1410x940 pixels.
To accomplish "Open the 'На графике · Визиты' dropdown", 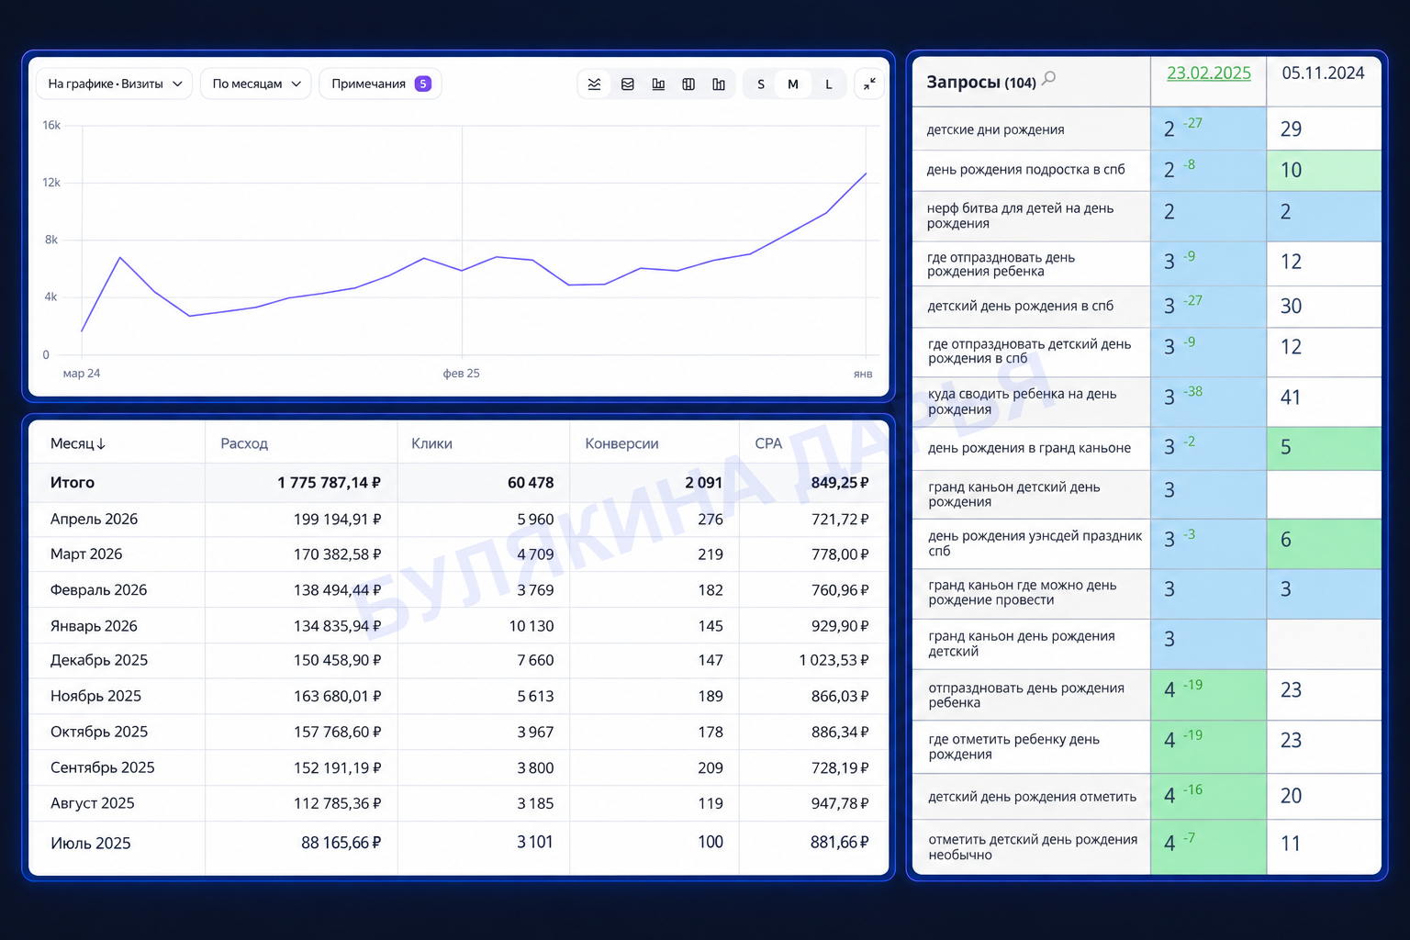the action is [114, 84].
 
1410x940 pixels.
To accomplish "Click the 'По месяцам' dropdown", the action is [255, 84].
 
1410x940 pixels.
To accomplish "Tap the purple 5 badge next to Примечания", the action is [423, 84].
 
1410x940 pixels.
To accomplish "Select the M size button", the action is [792, 84].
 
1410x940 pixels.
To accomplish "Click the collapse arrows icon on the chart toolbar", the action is [869, 84].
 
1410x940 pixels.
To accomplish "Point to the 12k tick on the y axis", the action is [51, 183].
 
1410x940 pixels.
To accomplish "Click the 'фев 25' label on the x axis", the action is [462, 374].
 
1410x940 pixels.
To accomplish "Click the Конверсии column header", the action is [621, 443].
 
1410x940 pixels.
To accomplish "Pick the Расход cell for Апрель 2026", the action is [337, 520].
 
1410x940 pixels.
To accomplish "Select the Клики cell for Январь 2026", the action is [532, 626].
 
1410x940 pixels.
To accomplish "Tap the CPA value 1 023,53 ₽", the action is [834, 660].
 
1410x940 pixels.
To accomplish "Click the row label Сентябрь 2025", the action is [102, 767].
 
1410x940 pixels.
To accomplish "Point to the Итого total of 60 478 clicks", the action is [531, 483].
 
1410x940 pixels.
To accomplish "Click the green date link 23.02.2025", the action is [1209, 73].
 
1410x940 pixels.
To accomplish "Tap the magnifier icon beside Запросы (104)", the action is [1048, 79].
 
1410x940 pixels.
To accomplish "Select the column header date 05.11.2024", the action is [1323, 73].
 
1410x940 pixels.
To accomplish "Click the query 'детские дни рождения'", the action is [995, 129].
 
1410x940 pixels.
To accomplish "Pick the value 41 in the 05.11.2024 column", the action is [1291, 397].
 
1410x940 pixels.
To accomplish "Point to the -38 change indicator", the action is [1192, 392].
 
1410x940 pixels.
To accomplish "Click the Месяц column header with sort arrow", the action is [77, 443].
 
